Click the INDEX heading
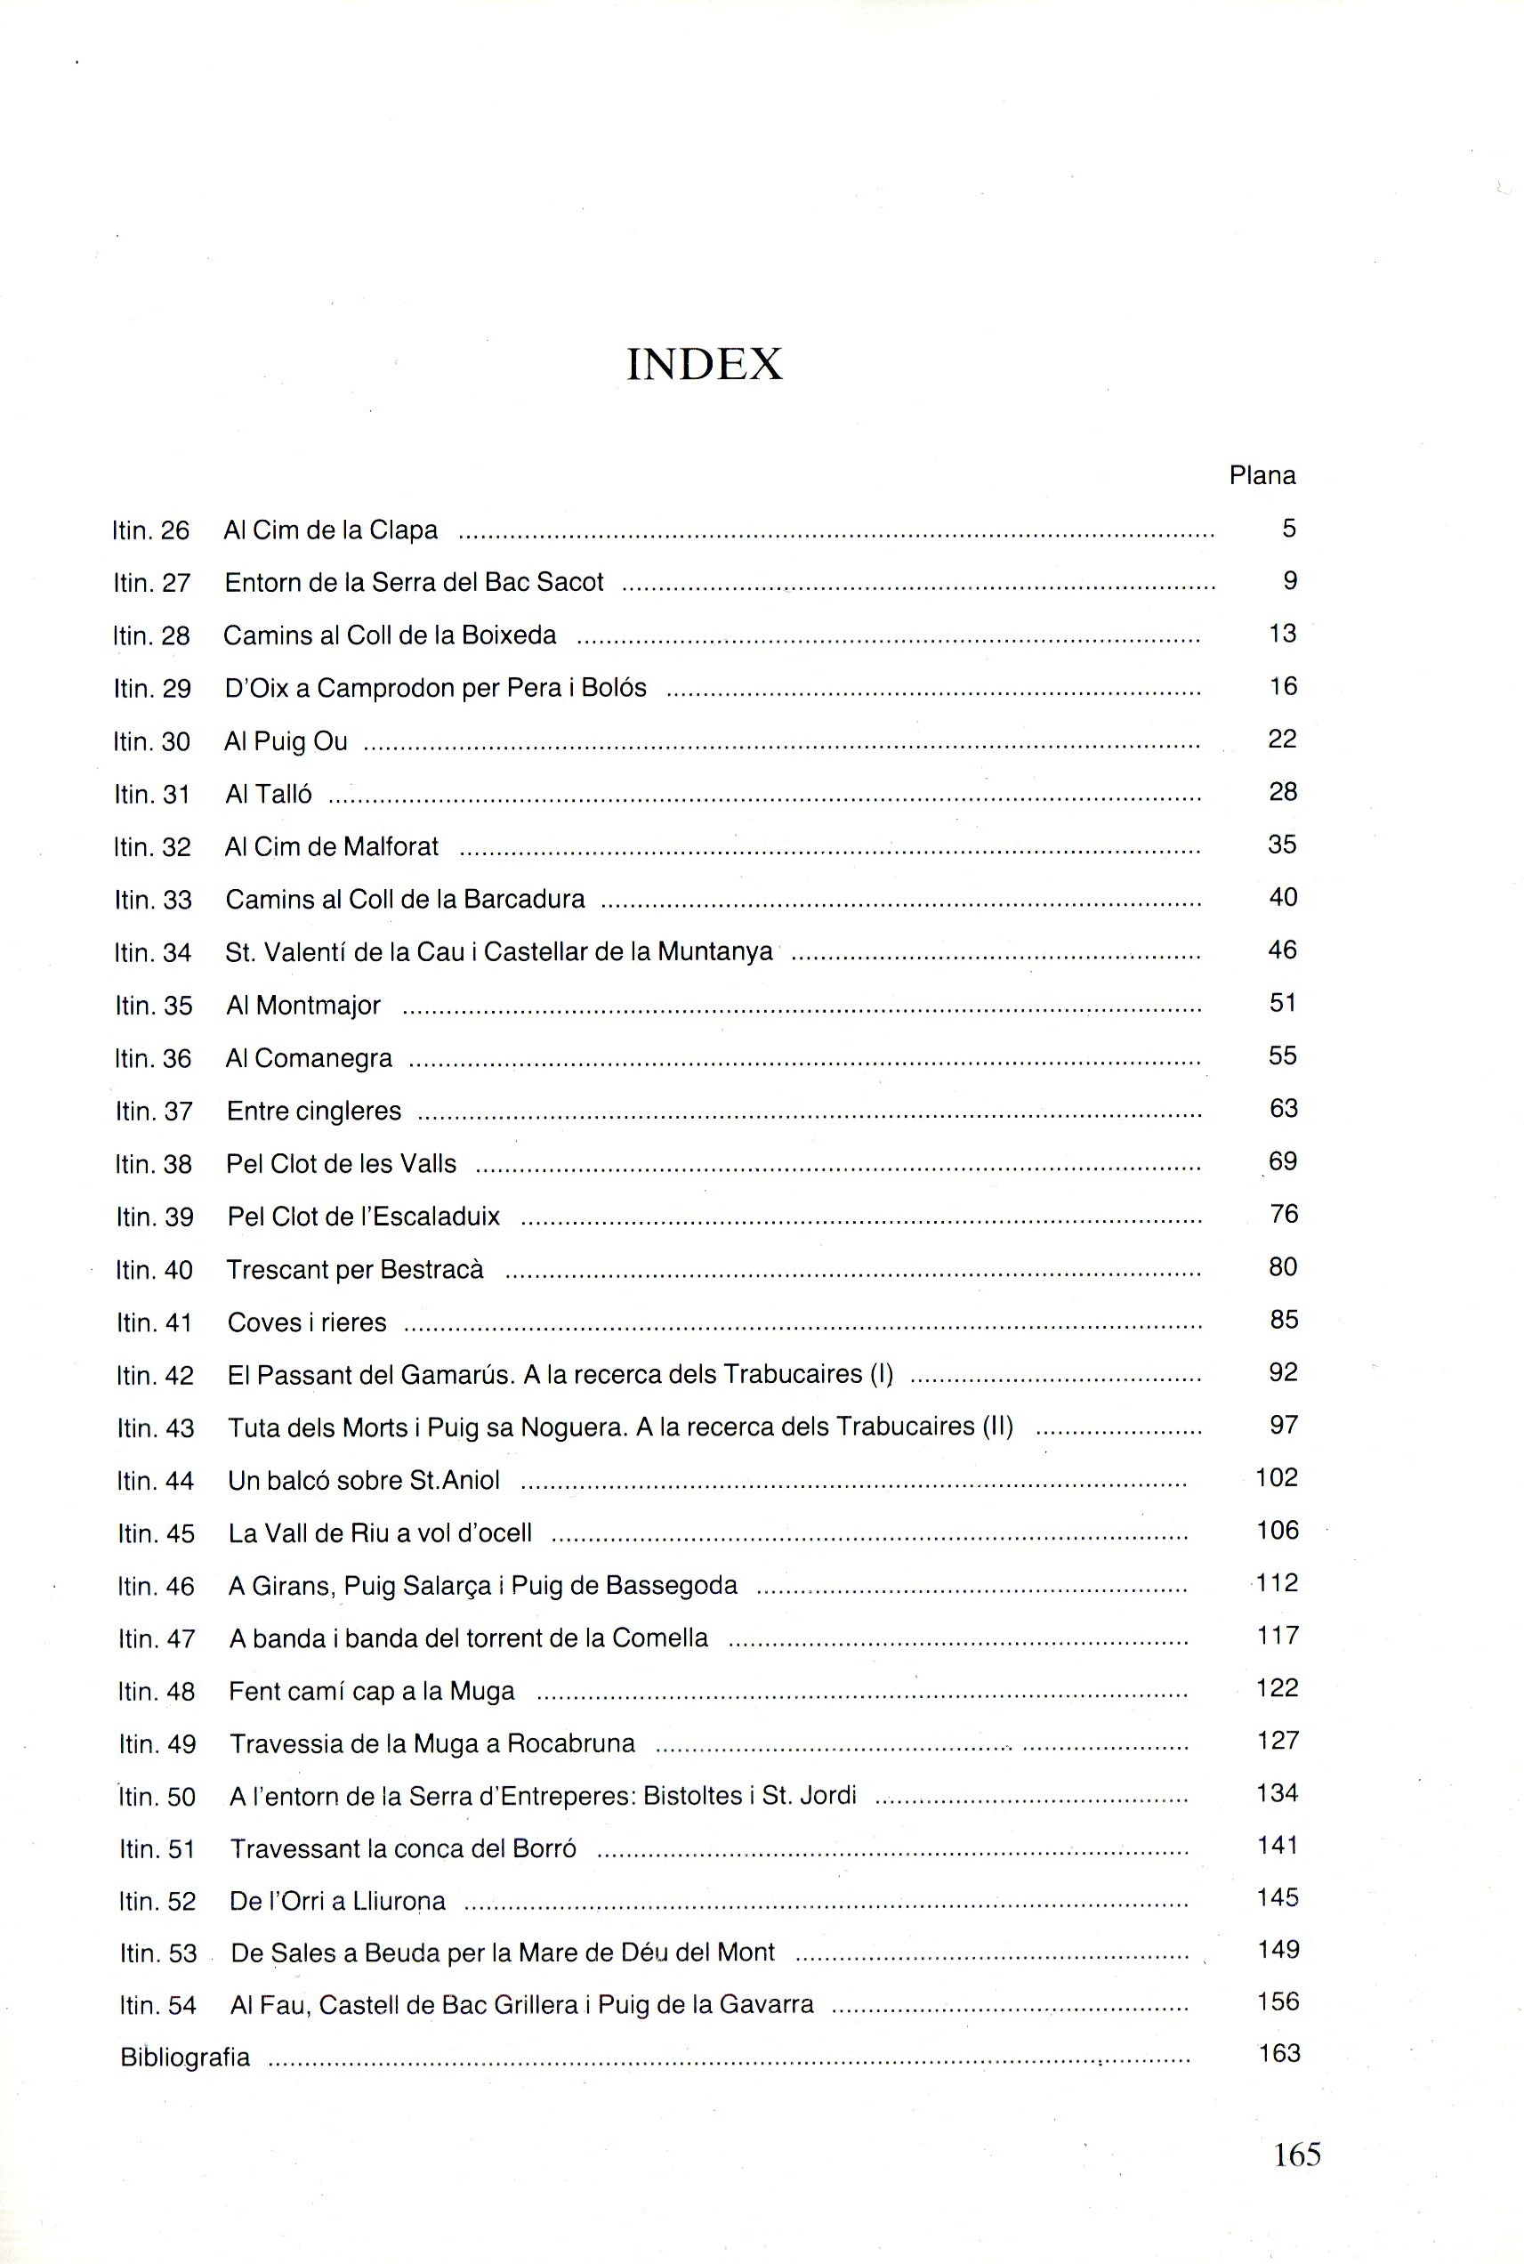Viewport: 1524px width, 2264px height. [705, 365]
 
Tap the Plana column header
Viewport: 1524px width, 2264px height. [1262, 475]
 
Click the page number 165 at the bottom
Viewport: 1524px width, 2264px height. [1296, 2155]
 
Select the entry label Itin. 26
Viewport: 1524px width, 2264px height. [150, 530]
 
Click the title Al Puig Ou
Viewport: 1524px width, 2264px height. [286, 741]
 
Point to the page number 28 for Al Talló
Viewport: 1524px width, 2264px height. [1283, 792]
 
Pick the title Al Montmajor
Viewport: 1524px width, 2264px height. [303, 1005]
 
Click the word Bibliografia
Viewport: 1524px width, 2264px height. [185, 2057]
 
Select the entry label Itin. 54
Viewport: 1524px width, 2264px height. [157, 2004]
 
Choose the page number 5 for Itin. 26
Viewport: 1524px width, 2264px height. [1289, 529]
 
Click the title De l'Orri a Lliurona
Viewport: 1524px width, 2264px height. [337, 1900]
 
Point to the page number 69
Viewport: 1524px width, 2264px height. [1283, 1161]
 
